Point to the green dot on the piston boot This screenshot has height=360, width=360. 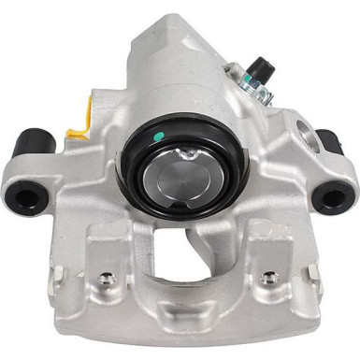pyautogui.click(x=160, y=135)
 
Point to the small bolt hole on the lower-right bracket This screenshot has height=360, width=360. pyautogui.click(x=268, y=278)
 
